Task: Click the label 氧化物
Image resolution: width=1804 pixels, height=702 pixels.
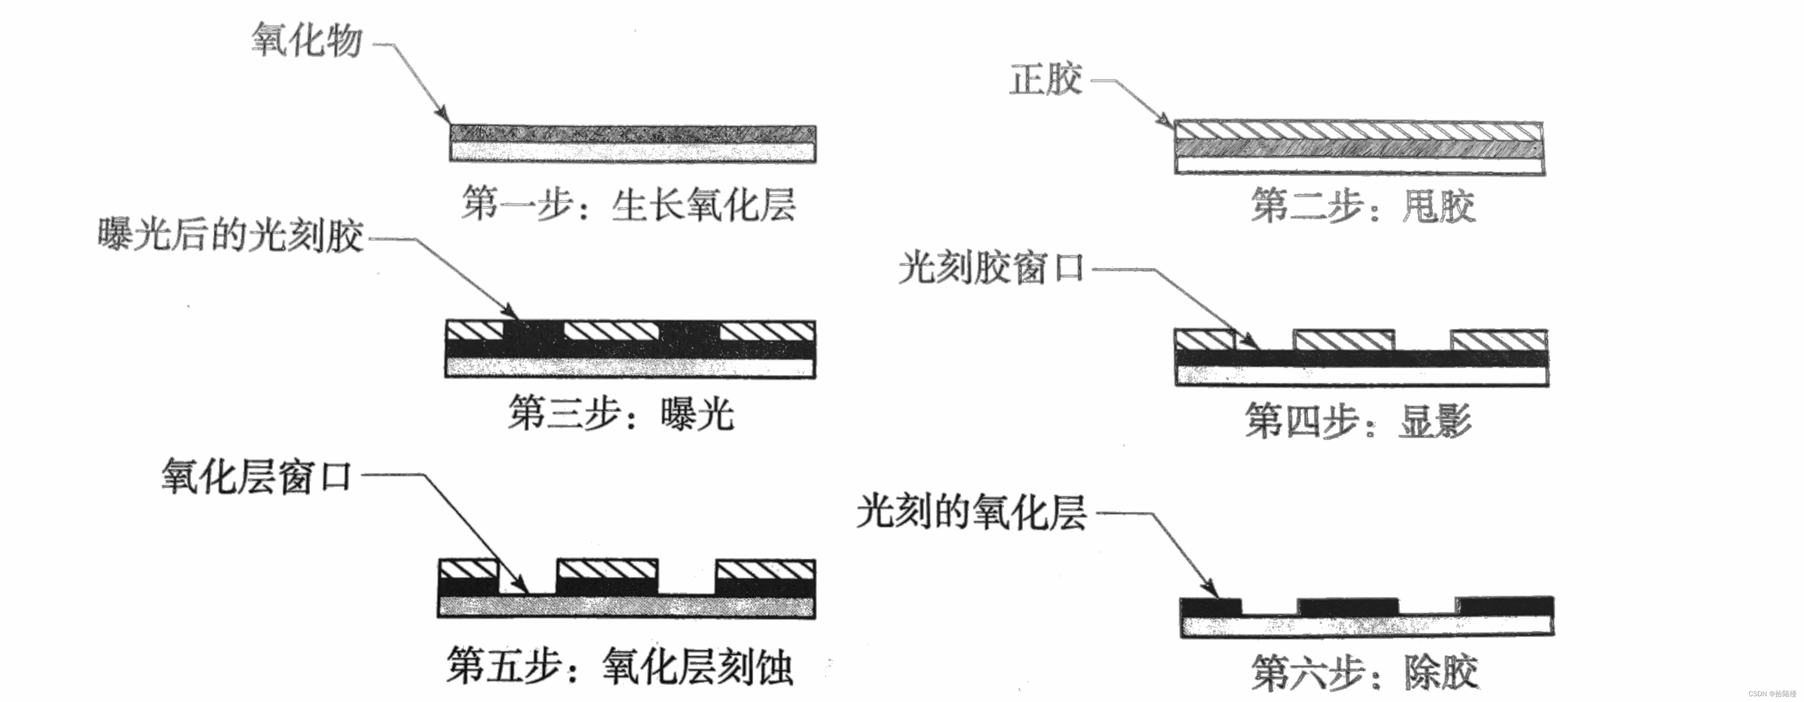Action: coord(307,40)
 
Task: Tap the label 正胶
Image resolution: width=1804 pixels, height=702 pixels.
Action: coord(1045,79)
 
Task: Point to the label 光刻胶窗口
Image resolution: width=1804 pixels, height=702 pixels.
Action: coord(990,268)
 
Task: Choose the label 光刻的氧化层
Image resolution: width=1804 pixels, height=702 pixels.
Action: coord(971,512)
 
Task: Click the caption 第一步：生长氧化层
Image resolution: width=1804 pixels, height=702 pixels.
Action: coord(628,205)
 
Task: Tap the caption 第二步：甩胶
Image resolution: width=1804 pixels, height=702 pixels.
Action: coord(1363,206)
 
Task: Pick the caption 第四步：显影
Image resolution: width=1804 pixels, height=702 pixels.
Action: coord(1357,421)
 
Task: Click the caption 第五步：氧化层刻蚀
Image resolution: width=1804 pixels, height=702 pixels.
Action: coord(619,666)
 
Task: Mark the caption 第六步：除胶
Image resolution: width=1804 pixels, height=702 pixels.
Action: coord(1364,673)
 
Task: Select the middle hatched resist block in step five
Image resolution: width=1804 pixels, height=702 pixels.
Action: coord(606,569)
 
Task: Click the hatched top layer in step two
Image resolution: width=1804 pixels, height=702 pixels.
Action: coord(1359,130)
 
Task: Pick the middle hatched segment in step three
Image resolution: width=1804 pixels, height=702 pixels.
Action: coord(611,331)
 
